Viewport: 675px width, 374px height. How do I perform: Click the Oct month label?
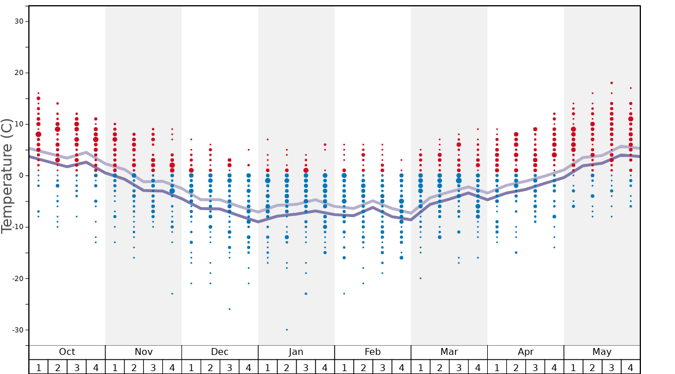coord(67,352)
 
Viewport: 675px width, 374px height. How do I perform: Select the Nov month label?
coord(143,352)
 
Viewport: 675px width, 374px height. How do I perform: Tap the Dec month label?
coord(220,352)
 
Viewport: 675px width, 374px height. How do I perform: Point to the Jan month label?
coord(296,352)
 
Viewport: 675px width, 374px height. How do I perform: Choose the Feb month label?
coord(372,352)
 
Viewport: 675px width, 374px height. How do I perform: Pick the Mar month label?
coord(449,352)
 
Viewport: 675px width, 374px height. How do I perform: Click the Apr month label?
coord(525,352)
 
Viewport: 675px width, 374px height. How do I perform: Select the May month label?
coord(602,352)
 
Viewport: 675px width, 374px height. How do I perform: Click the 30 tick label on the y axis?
coord(18,21)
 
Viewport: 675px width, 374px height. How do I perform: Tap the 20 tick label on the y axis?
coord(18,73)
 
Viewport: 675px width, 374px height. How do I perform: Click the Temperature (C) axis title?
coord(7,175)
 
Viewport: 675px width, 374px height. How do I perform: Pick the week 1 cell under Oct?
coord(38,367)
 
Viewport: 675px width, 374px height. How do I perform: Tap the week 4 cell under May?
coord(631,367)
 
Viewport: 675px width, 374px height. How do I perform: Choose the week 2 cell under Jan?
coord(287,367)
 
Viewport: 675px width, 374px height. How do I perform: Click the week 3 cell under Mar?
coord(459,367)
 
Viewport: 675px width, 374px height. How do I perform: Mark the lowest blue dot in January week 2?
coord(287,330)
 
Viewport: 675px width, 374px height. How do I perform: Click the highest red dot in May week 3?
coord(611,83)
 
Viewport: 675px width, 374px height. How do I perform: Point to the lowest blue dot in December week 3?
coord(229,309)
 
